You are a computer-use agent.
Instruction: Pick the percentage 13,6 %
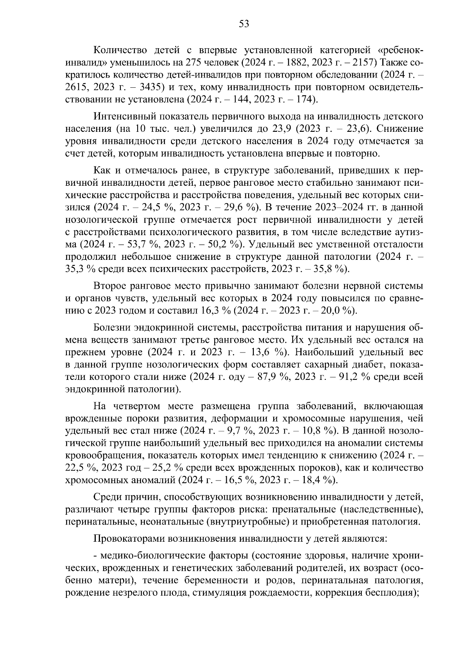[x=269, y=352]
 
